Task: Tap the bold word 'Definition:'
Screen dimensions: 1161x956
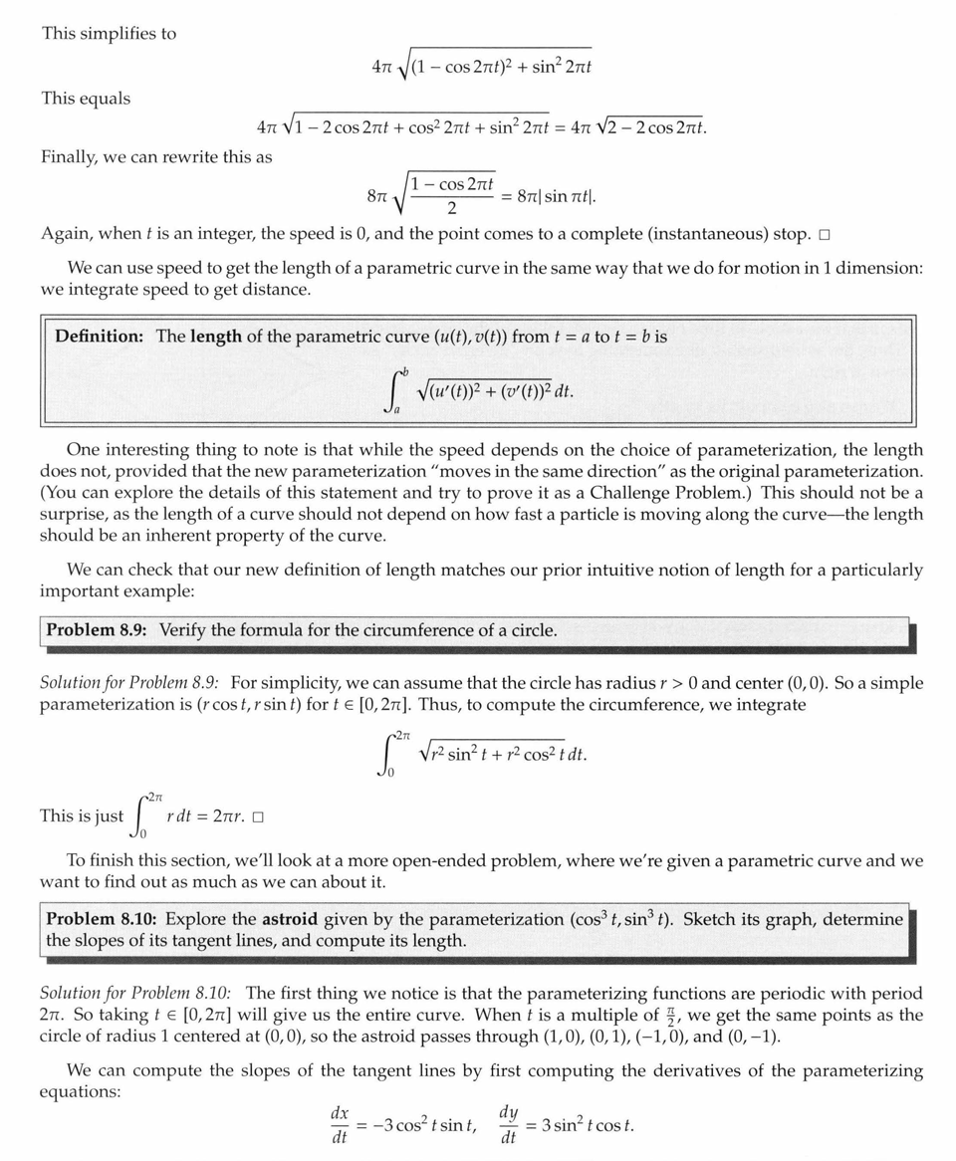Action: [x=100, y=336]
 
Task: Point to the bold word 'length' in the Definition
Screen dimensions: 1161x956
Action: [x=216, y=336]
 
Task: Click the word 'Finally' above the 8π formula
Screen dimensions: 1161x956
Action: [x=71, y=156]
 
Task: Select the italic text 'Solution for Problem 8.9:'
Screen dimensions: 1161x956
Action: [x=131, y=683]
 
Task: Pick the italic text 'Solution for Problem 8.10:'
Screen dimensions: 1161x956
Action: [x=135, y=993]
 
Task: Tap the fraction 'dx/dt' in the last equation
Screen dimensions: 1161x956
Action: [x=339, y=1125]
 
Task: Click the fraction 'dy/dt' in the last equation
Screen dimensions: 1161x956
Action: [x=508, y=1125]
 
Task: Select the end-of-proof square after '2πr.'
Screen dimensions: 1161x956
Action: [x=258, y=817]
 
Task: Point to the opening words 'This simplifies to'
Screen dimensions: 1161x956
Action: [x=109, y=33]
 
